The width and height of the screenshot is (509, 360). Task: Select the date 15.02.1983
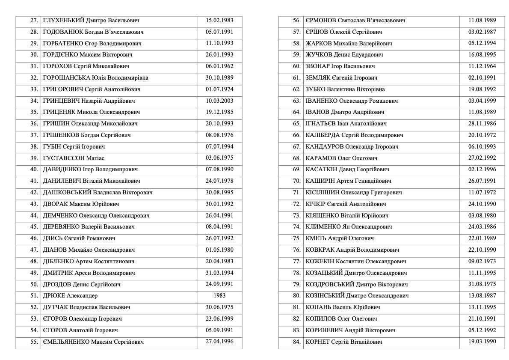coord(219,21)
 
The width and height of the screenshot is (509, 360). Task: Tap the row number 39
coord(34,158)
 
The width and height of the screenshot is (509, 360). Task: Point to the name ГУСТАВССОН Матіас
coord(74,158)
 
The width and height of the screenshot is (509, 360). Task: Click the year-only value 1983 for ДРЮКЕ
coord(219,295)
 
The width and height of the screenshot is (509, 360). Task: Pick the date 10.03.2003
coord(219,101)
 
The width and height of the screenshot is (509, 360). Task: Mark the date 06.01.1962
coord(219,66)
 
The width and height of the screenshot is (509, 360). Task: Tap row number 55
coord(34,342)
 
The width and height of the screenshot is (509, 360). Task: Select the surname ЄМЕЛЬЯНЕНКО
coord(66,342)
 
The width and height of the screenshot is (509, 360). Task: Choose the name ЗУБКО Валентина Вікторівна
coord(345,89)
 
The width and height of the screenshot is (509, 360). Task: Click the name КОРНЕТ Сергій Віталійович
coord(344,342)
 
